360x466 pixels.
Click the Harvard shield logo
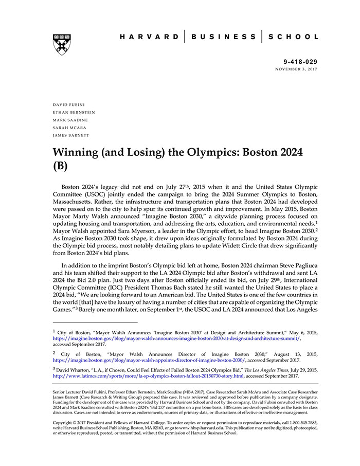(62, 45)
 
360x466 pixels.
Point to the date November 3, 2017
(297, 69)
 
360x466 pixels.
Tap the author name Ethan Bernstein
(74, 112)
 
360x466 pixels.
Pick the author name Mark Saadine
(70, 120)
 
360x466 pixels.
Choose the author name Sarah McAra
(69, 128)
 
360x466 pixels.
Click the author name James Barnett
(71, 135)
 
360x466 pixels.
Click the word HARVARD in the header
(149, 37)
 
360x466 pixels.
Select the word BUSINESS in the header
(224, 37)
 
